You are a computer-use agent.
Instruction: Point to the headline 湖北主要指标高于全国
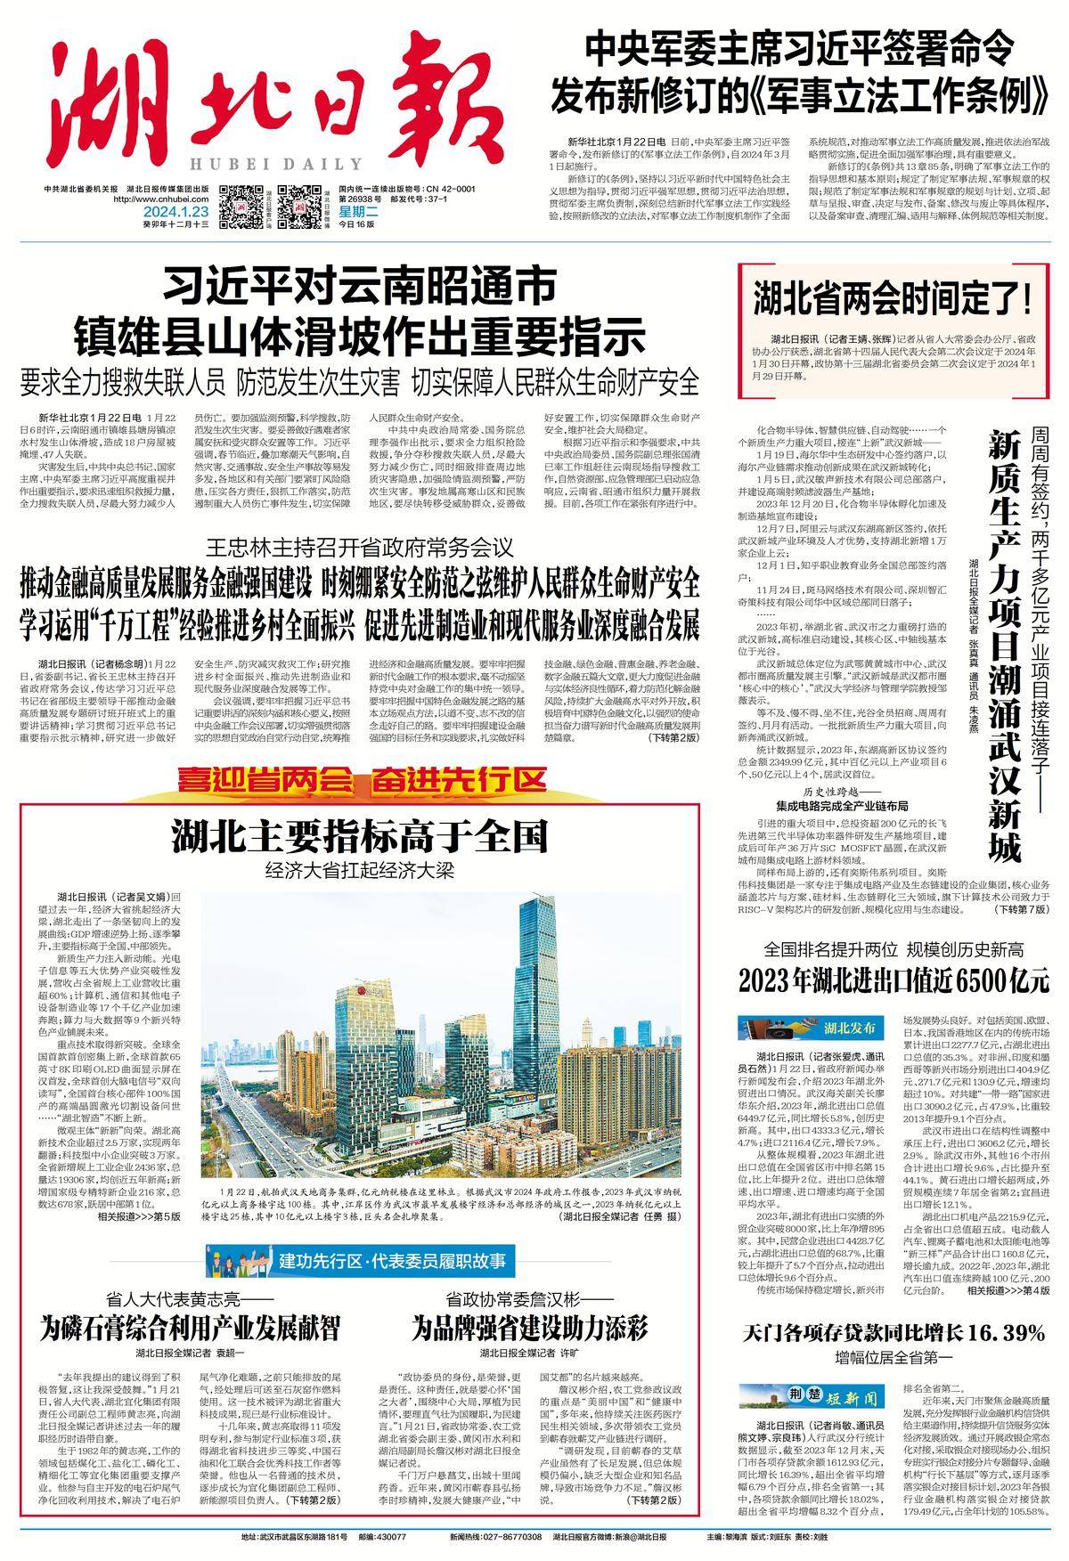(x=359, y=837)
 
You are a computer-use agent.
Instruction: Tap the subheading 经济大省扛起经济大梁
(x=359, y=871)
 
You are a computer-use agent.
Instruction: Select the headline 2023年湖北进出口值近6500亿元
(x=894, y=980)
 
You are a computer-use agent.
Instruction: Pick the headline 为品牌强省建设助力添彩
(x=528, y=1330)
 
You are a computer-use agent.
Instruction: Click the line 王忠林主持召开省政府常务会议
(x=359, y=546)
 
